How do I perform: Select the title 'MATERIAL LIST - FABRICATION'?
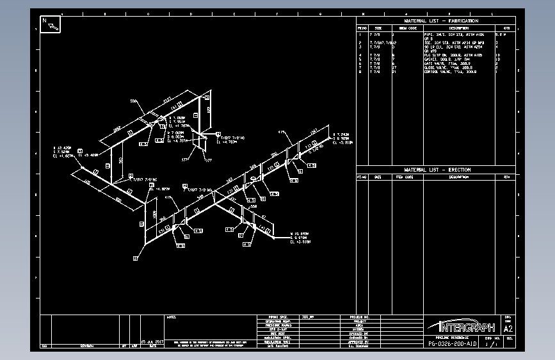click(x=441, y=21)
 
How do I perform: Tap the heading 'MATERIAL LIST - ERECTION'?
click(x=437, y=170)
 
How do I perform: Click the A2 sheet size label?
click(x=509, y=327)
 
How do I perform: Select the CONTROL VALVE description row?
click(x=444, y=72)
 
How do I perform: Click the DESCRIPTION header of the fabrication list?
click(x=444, y=28)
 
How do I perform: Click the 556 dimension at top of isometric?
click(x=134, y=101)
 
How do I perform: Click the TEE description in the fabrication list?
click(x=448, y=43)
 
